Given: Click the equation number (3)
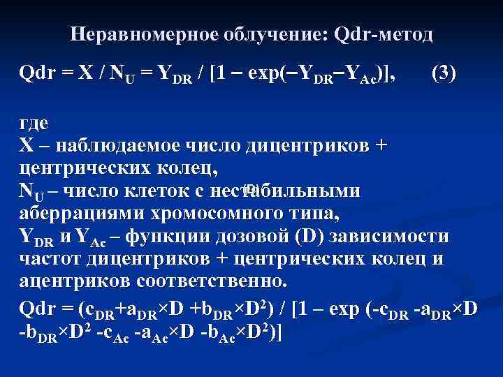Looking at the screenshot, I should point(444,73).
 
